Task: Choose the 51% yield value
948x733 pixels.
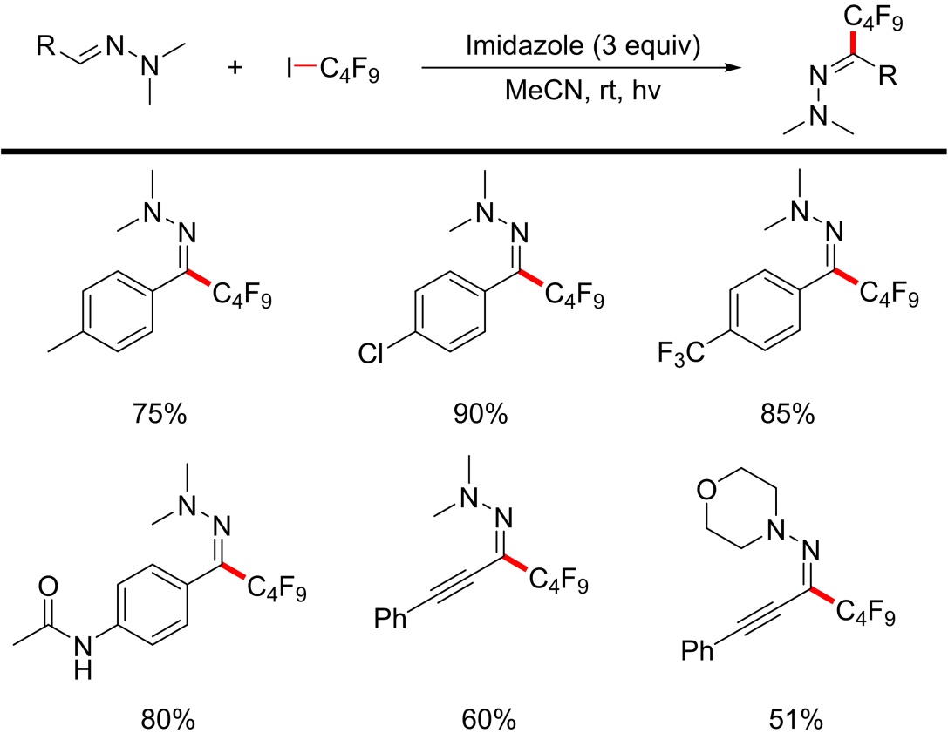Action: [x=788, y=720]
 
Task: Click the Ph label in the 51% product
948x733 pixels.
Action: [x=699, y=674]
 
